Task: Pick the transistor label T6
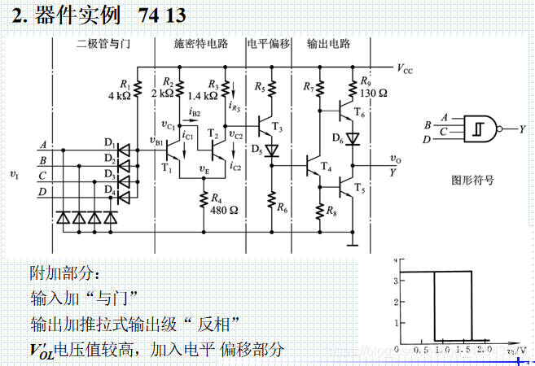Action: tap(360, 116)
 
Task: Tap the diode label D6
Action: tap(339, 140)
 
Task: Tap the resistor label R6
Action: tap(282, 208)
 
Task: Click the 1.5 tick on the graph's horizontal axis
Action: tap(464, 348)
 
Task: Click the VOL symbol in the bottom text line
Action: tap(41, 351)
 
